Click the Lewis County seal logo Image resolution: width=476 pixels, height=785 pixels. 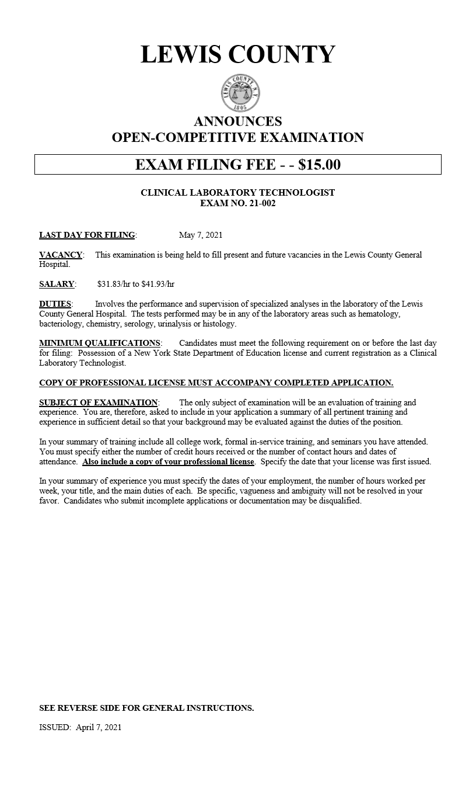point(240,93)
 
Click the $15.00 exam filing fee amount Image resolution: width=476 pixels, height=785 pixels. point(319,165)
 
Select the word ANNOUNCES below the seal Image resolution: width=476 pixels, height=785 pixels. point(238,121)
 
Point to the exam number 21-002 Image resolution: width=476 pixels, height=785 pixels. point(259,203)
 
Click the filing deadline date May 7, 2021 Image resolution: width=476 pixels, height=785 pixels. point(201,235)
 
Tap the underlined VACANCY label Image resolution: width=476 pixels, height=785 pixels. point(60,255)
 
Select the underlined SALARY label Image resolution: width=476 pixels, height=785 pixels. point(57,284)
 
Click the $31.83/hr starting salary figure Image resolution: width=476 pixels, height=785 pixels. point(114,284)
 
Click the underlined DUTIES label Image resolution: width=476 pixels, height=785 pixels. point(55,304)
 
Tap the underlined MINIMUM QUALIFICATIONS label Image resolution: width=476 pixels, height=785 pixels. point(99,343)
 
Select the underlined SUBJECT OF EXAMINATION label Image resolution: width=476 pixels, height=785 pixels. point(98,402)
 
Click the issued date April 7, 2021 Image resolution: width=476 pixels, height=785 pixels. point(99,728)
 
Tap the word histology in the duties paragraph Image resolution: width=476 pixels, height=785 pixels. point(219,324)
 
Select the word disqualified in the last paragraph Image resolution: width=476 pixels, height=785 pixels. point(339,501)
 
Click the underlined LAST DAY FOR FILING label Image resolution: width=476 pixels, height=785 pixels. point(87,235)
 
